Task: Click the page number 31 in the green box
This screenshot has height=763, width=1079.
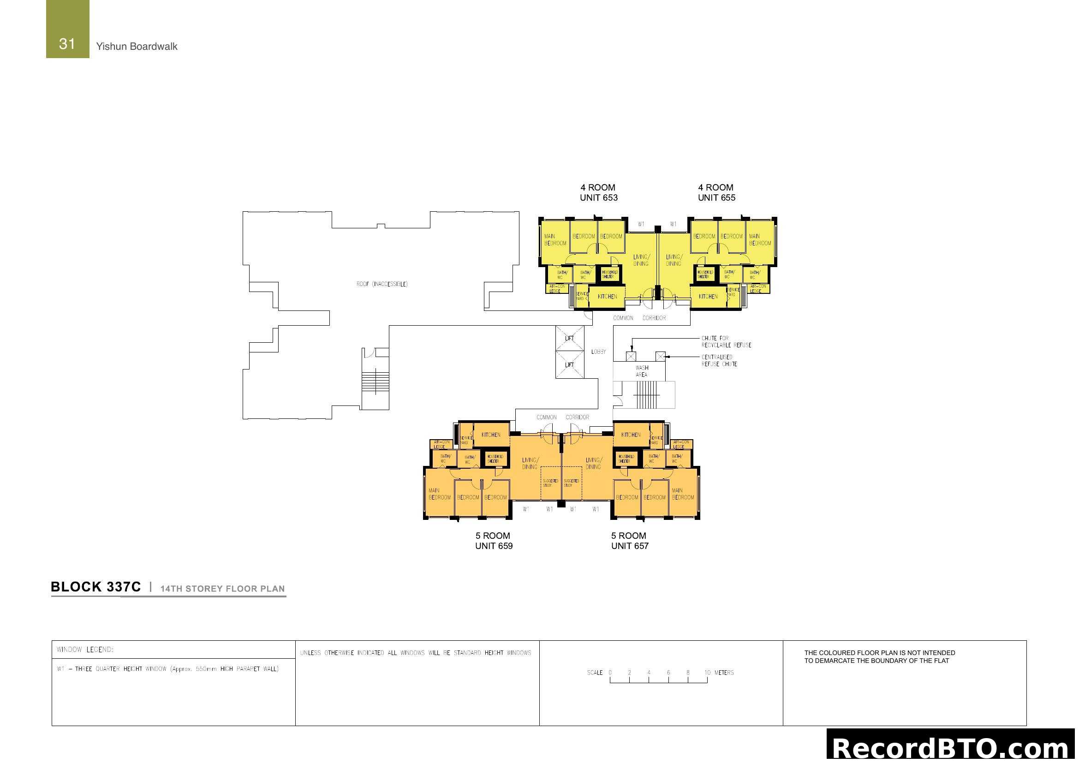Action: point(67,44)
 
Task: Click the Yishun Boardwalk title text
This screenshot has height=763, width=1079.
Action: point(136,47)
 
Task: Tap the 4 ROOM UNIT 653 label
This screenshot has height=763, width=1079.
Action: point(598,193)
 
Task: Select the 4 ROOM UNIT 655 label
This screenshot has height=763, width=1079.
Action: point(716,193)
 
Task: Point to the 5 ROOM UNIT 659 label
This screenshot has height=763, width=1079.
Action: point(494,541)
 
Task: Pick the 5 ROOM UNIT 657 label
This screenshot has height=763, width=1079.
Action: point(629,541)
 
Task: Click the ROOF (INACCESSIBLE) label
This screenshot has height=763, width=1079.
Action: point(382,284)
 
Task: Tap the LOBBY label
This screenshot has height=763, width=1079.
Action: point(598,352)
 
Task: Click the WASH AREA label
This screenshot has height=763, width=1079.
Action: point(642,371)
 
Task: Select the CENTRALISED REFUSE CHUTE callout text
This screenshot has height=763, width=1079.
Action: point(719,361)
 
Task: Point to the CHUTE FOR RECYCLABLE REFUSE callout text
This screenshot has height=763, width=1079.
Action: point(726,341)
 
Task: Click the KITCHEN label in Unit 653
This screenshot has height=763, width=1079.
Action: point(607,297)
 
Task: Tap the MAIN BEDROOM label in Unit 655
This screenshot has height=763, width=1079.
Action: point(759,239)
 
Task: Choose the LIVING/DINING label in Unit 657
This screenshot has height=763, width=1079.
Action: point(593,463)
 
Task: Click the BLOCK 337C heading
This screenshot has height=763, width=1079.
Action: point(96,587)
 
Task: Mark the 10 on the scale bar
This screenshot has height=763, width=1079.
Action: point(707,673)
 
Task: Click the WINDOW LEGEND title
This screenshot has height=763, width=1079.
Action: point(85,650)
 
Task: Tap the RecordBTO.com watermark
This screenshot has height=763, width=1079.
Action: point(950,748)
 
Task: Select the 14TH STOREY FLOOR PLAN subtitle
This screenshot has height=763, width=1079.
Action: point(222,589)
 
